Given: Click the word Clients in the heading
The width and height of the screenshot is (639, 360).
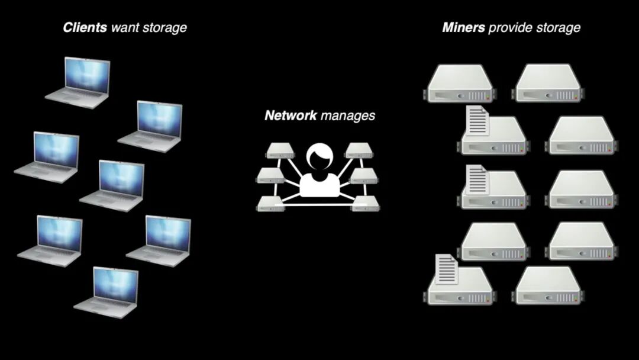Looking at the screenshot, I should (x=85, y=27).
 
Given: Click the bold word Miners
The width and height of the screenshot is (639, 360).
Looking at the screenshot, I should (x=464, y=27).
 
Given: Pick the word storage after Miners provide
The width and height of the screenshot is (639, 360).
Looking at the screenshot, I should (x=558, y=28).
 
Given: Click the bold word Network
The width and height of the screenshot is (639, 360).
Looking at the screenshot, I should (x=291, y=115).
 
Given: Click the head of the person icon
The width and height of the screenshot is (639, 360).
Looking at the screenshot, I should (x=320, y=157).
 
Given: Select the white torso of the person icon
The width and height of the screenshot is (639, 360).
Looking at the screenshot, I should (x=320, y=185).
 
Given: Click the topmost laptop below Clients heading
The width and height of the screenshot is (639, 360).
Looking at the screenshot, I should (x=80, y=81).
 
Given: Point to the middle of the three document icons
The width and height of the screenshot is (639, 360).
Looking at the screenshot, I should (x=477, y=179).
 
